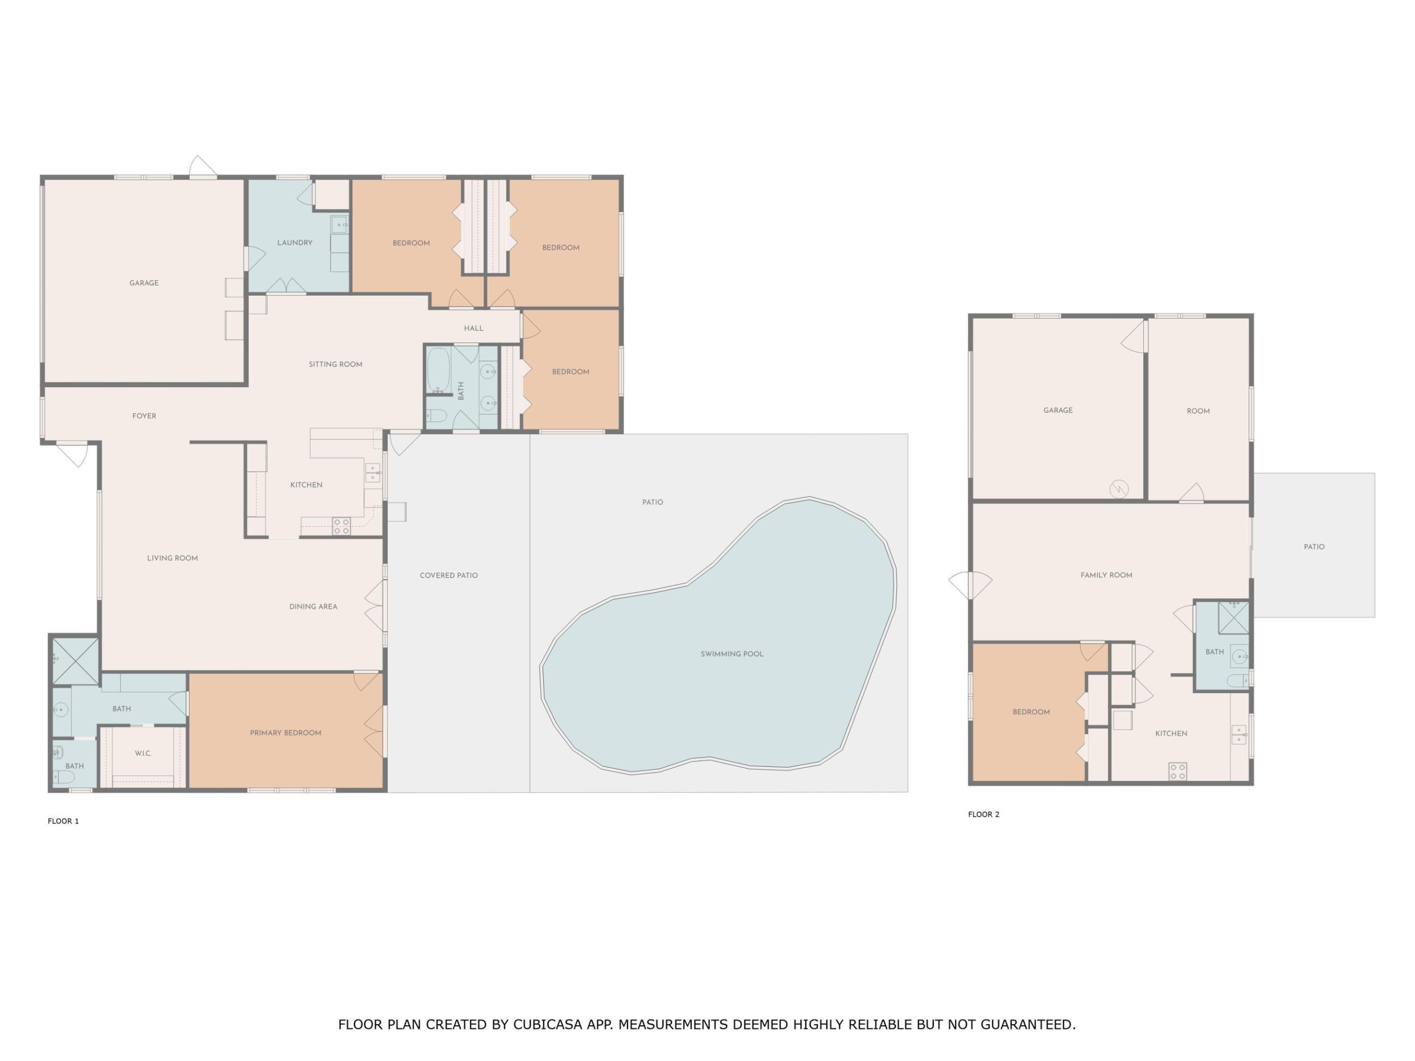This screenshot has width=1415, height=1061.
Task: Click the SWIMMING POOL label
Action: [x=732, y=654]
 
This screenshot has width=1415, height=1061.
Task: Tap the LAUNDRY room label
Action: [x=295, y=242]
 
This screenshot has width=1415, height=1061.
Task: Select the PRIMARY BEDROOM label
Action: [x=285, y=733]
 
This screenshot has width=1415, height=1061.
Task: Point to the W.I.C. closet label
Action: [x=143, y=754]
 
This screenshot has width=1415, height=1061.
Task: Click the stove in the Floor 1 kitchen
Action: [x=341, y=527]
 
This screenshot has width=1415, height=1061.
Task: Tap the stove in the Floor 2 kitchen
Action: [x=1178, y=771]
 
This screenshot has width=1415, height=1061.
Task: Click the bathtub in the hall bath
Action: [x=439, y=370]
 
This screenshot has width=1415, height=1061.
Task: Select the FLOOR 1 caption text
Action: [x=63, y=821]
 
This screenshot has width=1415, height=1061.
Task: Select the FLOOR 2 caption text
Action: [x=983, y=814]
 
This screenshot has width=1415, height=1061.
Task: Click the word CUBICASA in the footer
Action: [x=548, y=1025]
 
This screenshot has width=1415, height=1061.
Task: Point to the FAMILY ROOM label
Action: [x=1106, y=575]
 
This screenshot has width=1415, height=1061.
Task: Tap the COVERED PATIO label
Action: [x=449, y=576]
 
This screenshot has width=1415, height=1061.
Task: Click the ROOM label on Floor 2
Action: [x=1198, y=411]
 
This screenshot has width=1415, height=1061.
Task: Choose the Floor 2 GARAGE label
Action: [x=1058, y=410]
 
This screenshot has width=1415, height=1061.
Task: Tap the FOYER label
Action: [x=144, y=416]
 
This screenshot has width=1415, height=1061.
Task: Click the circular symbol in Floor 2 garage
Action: [x=1119, y=489]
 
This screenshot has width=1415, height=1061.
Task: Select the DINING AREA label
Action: [x=313, y=606]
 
